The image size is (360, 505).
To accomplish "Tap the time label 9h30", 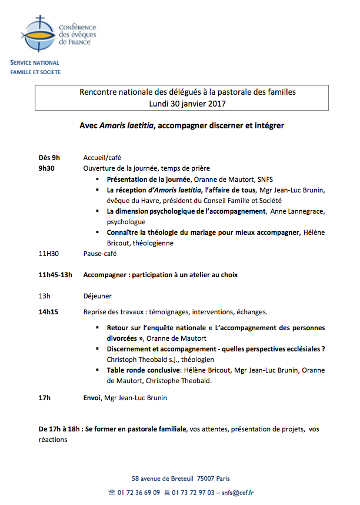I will tap(46, 168).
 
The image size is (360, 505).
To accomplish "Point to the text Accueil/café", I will tap(102, 158).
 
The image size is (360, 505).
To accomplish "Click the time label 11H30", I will tap(49, 254).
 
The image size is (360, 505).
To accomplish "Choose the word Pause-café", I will tap(100, 254).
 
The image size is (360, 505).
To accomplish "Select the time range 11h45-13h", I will tap(55, 275).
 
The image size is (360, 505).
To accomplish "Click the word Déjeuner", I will tap(98, 296).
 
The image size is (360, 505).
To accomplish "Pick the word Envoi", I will tap(92, 398).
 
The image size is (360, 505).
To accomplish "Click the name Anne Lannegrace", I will tap(298, 211).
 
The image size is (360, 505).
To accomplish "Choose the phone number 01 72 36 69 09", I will tap(138, 493).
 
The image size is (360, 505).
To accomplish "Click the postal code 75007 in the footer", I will tap(206, 479).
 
